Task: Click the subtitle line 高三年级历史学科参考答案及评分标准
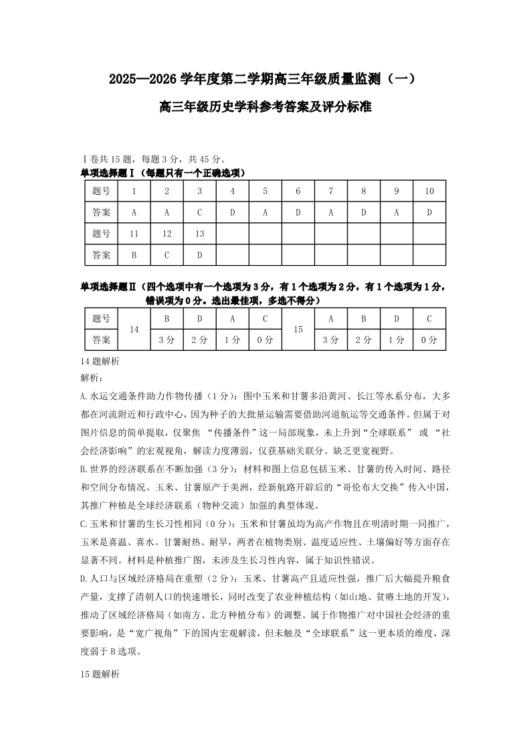tap(265, 106)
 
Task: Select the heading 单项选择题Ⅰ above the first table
tap(108, 173)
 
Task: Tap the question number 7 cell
tap(330, 191)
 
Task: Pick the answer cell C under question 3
tap(200, 212)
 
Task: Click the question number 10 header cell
tap(429, 191)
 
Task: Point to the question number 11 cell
tap(134, 234)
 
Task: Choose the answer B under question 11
tap(134, 255)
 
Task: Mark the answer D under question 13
tap(200, 255)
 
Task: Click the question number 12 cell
tap(167, 234)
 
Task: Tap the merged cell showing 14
tap(134, 329)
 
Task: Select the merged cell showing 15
tap(298, 329)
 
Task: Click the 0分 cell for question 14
tap(265, 340)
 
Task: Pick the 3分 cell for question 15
tap(330, 340)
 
